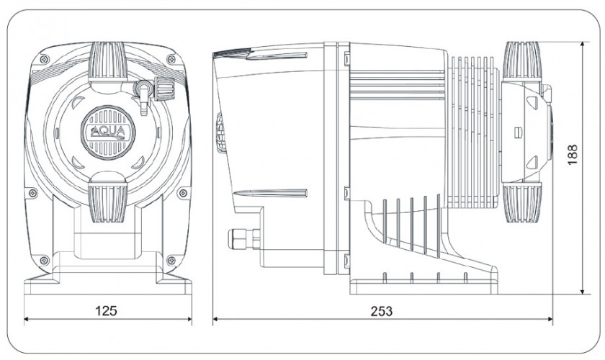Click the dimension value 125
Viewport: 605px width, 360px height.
pyautogui.click(x=107, y=311)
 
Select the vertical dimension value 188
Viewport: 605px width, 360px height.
pyautogui.click(x=573, y=154)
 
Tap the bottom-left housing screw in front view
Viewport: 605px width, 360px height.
pyautogui.click(x=44, y=259)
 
